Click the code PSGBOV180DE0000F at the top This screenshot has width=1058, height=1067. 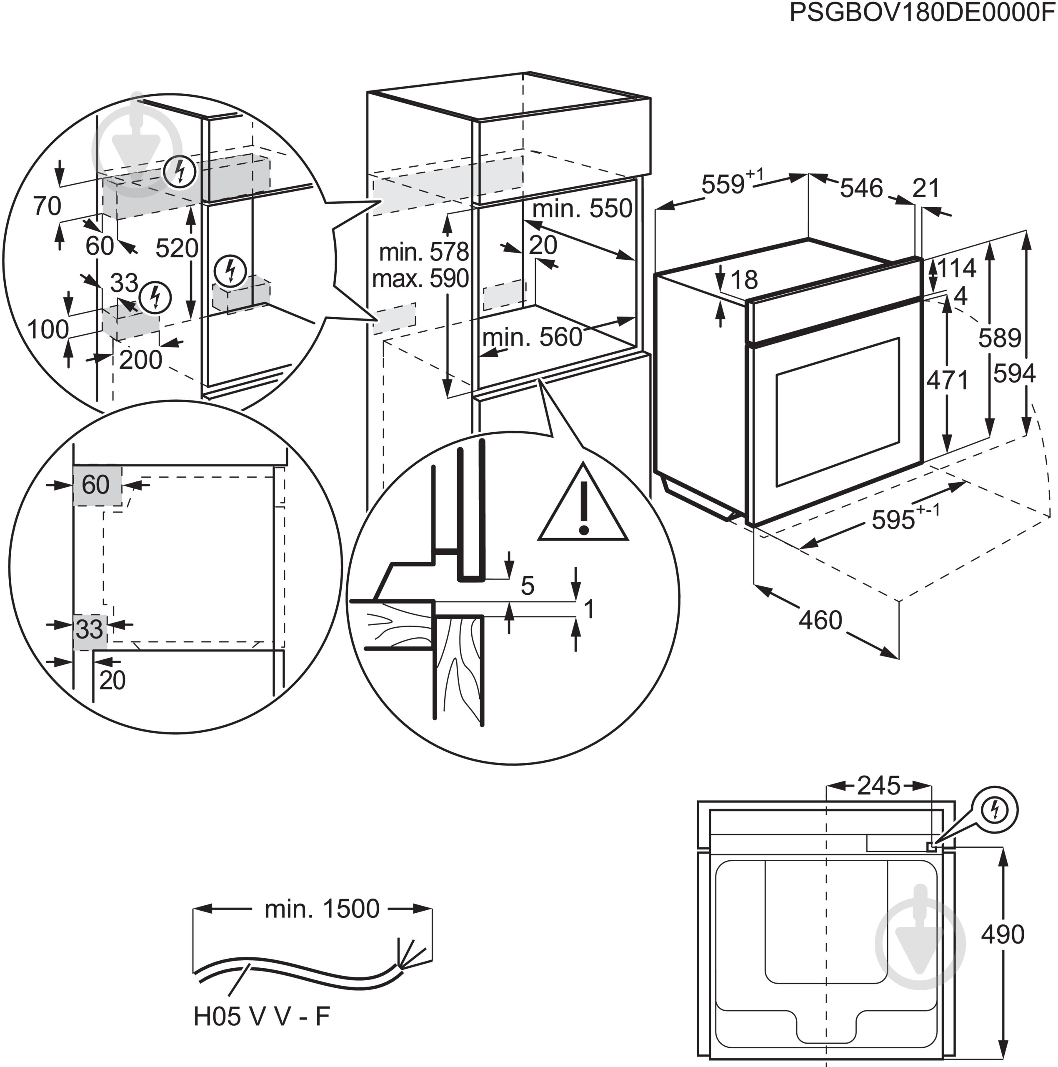point(922,13)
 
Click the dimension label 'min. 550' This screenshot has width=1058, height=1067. point(582,209)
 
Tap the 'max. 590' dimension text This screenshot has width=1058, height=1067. point(421,279)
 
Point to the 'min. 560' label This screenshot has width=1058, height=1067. point(532,337)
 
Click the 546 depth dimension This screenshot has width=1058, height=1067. point(861,189)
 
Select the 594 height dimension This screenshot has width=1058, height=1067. point(1014,374)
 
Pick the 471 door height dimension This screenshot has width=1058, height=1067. point(948,380)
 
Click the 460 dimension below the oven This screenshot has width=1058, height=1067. point(820,621)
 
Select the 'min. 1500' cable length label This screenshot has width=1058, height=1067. point(322,909)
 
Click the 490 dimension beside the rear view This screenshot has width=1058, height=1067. point(1003,934)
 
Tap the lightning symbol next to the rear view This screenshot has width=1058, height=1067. point(995,810)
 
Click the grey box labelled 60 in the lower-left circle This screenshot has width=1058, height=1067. point(97,485)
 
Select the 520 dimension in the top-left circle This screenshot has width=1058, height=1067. point(176,248)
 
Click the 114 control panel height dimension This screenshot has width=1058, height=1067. point(956,269)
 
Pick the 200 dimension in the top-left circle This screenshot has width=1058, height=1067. point(140,360)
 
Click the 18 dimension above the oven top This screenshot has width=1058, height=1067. point(744,281)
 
